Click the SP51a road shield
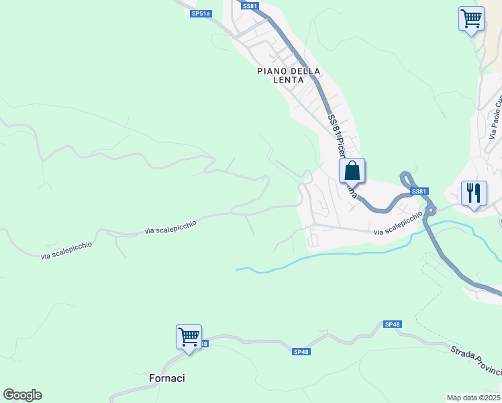pyautogui.click(x=200, y=13)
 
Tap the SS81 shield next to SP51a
pyautogui.click(x=250, y=6)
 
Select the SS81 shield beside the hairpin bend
pyautogui.click(x=419, y=191)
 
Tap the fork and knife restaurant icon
pyautogui.click(x=474, y=193)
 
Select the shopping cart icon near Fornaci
pyautogui.click(x=189, y=337)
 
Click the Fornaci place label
pyautogui.click(x=166, y=378)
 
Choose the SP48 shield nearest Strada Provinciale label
pyautogui.click(x=393, y=324)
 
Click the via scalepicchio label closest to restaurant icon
pyautogui.click(x=399, y=224)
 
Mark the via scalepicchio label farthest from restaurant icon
pyautogui.click(x=66, y=251)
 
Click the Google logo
pyautogui.click(x=22, y=395)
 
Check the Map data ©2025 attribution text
pyautogui.click(x=474, y=398)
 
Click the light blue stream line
pyautogui.click(x=336, y=255)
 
